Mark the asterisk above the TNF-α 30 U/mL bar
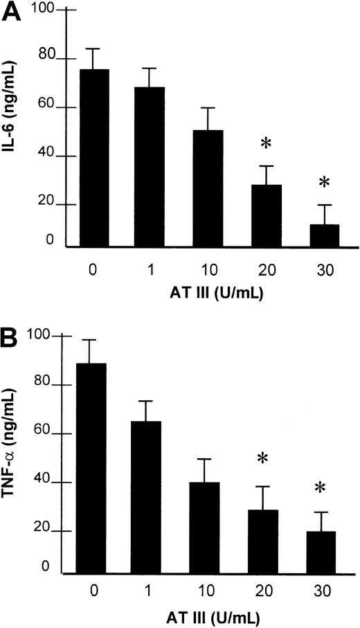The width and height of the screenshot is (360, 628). pos(319,489)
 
